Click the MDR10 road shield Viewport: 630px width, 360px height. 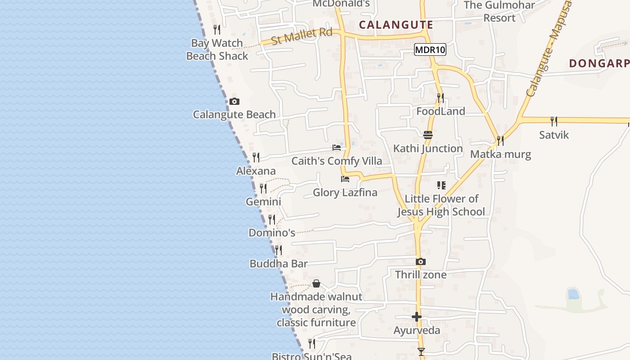click(430, 50)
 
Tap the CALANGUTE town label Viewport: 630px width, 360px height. click(396, 25)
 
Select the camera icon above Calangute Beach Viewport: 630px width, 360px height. click(234, 102)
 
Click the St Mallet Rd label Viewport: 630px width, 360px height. click(302, 36)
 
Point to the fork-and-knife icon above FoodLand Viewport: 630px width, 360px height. click(440, 98)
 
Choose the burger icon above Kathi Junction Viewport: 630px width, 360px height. click(427, 135)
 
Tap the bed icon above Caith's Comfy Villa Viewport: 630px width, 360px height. click(336, 148)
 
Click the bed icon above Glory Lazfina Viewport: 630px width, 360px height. click(345, 179)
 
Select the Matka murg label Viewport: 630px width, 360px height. click(500, 154)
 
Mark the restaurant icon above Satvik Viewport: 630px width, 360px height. click(554, 121)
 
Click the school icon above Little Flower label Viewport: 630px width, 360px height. click(441, 185)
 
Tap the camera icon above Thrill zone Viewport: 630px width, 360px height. click(420, 261)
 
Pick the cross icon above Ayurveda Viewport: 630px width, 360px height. click(417, 317)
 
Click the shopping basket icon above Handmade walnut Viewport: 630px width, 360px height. click(316, 283)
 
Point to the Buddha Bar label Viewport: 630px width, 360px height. click(279, 264)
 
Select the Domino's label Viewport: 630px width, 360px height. click(272, 233)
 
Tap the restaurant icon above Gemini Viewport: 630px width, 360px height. click(263, 188)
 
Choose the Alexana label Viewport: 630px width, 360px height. click(256, 171)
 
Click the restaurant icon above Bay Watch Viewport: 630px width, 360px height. click(217, 30)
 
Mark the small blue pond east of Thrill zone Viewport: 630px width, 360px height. click(573, 294)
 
